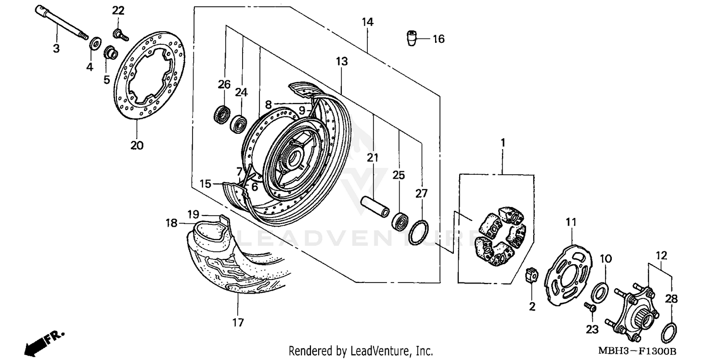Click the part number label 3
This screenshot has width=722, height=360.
[56, 49]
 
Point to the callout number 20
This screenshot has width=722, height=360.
[137, 145]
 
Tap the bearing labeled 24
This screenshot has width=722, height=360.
[238, 125]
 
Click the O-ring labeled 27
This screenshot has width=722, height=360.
[418, 231]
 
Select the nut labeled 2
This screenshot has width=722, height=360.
[532, 278]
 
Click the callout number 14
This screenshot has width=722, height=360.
[368, 22]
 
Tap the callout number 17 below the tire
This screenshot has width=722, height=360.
[238, 322]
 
